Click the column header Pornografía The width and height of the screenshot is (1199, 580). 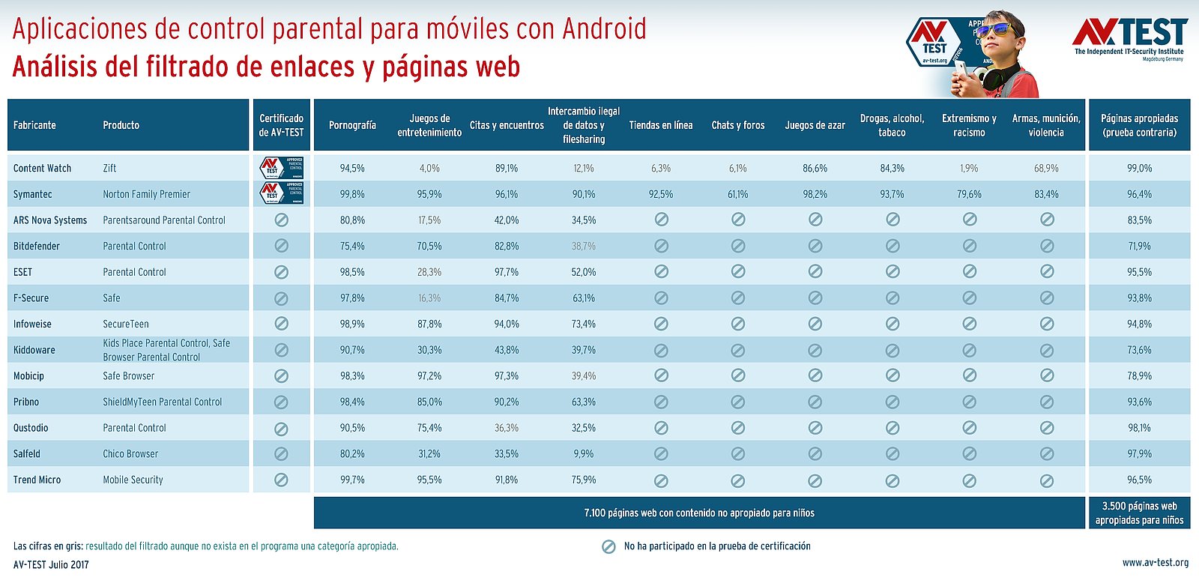pyautogui.click(x=352, y=125)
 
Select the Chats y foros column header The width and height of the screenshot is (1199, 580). pyautogui.click(x=737, y=125)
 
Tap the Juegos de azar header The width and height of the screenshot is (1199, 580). pyautogui.click(x=815, y=125)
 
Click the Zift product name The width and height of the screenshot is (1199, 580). pyautogui.click(x=109, y=169)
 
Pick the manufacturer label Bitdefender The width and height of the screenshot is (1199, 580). pyautogui.click(x=36, y=246)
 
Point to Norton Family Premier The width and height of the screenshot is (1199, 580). pyautogui.click(x=146, y=194)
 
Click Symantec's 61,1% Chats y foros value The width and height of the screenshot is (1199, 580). pyautogui.click(x=737, y=194)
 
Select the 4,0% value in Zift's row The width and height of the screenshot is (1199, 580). pyautogui.click(x=429, y=169)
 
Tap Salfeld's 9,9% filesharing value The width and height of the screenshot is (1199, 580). pyautogui.click(x=583, y=454)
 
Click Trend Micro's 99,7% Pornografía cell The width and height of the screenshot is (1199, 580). pyautogui.click(x=352, y=480)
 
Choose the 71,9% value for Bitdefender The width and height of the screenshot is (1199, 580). pyautogui.click(x=1139, y=246)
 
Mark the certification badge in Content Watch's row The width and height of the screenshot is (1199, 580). pyautogui.click(x=281, y=167)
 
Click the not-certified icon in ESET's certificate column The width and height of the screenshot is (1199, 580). pyautogui.click(x=281, y=272)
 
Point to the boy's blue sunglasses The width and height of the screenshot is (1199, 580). pyautogui.click(x=994, y=30)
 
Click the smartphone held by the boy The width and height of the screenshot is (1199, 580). pyautogui.click(x=959, y=72)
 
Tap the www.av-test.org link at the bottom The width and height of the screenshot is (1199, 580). pyautogui.click(x=1155, y=563)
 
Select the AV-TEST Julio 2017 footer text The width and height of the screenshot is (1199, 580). pyautogui.click(x=51, y=564)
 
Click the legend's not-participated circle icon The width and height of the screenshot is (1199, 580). pyautogui.click(x=609, y=546)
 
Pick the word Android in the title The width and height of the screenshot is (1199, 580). pyautogui.click(x=604, y=29)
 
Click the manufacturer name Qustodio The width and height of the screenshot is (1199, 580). pyautogui.click(x=31, y=428)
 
